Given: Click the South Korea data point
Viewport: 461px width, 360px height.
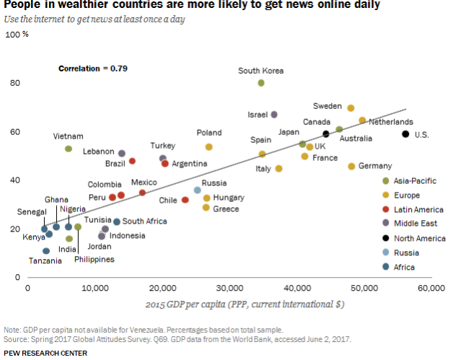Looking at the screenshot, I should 261,83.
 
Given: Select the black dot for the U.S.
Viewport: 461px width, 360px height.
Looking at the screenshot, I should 405,134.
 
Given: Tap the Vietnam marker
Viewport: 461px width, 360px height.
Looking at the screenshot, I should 69,149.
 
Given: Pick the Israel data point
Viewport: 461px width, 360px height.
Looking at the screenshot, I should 274,115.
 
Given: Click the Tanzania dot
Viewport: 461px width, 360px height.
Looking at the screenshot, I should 46,251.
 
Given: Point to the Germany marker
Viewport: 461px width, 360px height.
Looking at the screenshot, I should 352,167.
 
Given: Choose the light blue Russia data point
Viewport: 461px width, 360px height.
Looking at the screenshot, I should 197,190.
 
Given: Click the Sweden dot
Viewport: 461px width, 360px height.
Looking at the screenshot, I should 351,108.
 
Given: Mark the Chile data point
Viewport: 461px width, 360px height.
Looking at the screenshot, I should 185,200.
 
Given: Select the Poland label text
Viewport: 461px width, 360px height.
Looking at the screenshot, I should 209,133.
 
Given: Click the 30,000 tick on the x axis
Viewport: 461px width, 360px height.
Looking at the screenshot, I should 229,288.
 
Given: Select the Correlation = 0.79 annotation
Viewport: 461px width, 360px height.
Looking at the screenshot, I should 92,69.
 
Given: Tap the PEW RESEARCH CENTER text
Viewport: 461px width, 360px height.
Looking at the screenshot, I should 45,353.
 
